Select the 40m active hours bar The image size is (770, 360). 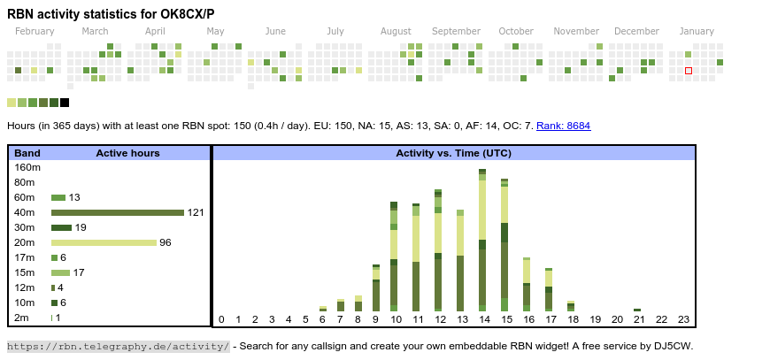pos(117,212)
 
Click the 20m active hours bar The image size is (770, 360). pos(104,242)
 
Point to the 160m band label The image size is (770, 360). pos(27,167)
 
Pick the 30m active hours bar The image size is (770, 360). pos(61,227)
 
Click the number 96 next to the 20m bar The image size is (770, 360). pos(166,242)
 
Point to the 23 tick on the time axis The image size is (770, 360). pos(683,319)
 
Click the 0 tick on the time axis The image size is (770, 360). pos(221,319)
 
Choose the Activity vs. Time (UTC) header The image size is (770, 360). pos(453,153)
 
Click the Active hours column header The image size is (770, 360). pos(127,153)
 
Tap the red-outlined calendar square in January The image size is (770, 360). pos(689,70)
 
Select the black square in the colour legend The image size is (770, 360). pos(65,103)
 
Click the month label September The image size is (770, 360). pos(456,31)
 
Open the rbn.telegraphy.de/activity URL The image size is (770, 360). pos(119,346)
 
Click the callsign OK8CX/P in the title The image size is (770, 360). pos(181,14)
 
